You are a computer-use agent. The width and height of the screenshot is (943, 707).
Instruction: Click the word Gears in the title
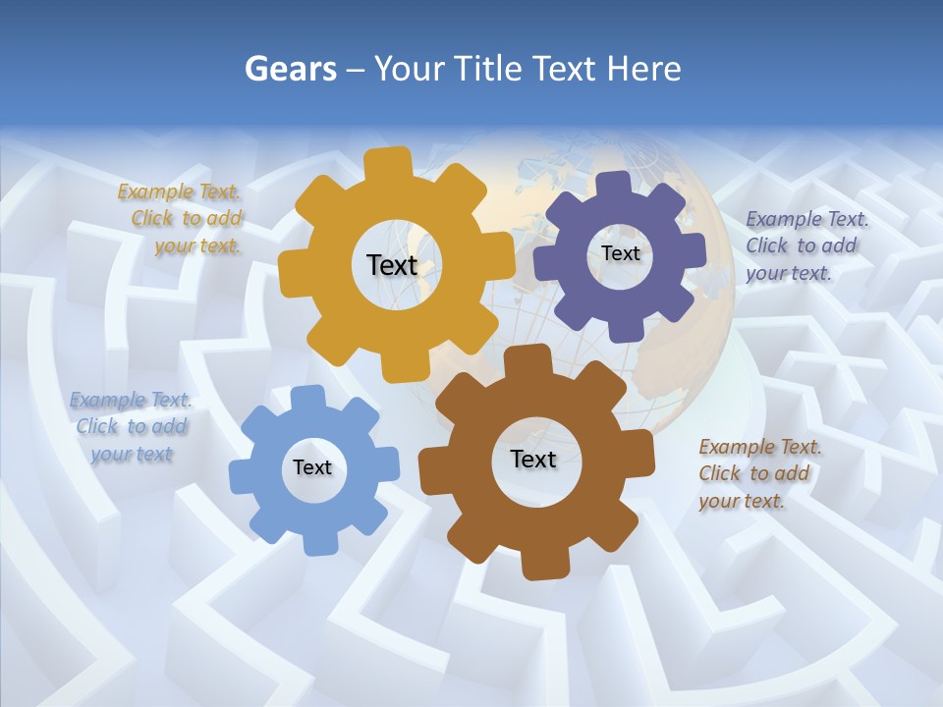tap(290, 69)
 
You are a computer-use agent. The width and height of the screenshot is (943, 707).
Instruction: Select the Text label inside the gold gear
tap(392, 265)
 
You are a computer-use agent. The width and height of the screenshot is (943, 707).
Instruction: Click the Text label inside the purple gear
tap(620, 253)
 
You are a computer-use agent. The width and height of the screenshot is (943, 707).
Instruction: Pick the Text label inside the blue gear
tap(312, 467)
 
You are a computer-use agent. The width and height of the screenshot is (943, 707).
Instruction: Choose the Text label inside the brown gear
tap(533, 459)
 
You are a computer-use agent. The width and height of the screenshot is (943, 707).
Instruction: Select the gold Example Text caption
tap(181, 219)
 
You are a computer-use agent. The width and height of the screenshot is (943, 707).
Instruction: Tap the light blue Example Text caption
tap(131, 426)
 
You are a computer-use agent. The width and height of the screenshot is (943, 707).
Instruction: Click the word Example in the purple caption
tap(783, 219)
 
